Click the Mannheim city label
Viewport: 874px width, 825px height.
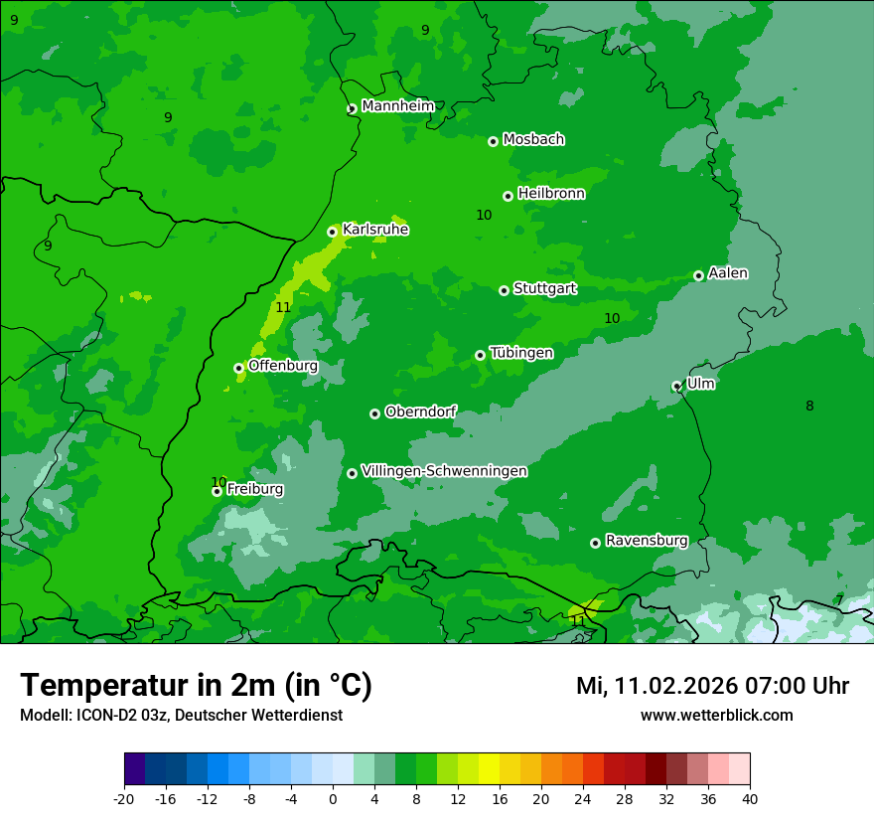pyautogui.click(x=397, y=106)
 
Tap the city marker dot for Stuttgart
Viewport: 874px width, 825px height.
pyautogui.click(x=504, y=290)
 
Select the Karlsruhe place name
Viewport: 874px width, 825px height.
pyautogui.click(x=375, y=230)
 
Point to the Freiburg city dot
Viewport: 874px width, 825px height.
pyautogui.click(x=217, y=491)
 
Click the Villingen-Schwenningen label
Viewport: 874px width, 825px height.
pyautogui.click(x=444, y=471)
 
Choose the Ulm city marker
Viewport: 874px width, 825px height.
pyautogui.click(x=676, y=386)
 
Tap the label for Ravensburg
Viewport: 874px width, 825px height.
pyautogui.click(x=647, y=541)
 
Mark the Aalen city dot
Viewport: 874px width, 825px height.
pyautogui.click(x=698, y=275)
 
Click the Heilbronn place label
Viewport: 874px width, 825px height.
pyautogui.click(x=551, y=194)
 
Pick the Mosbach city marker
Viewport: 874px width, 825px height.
pyautogui.click(x=493, y=141)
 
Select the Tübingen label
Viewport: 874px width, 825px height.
pyautogui.click(x=521, y=353)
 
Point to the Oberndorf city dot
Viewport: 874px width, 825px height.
pyautogui.click(x=374, y=413)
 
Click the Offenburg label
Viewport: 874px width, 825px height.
pyautogui.click(x=283, y=366)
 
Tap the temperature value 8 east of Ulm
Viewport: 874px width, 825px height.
pyautogui.click(x=809, y=406)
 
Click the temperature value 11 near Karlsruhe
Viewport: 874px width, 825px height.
pyautogui.click(x=283, y=307)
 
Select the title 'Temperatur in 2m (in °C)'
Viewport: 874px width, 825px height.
pyautogui.click(x=196, y=686)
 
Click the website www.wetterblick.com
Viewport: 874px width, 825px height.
pyautogui.click(x=716, y=715)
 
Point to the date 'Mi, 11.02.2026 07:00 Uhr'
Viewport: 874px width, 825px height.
pyautogui.click(x=712, y=686)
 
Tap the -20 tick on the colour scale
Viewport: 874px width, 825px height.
pyautogui.click(x=124, y=798)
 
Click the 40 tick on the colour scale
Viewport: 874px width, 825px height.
pyautogui.click(x=750, y=798)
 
